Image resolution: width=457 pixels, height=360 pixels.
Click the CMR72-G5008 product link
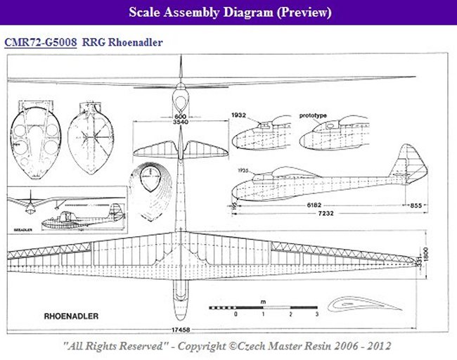point(40,42)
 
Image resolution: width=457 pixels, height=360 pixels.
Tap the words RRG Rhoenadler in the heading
point(122,42)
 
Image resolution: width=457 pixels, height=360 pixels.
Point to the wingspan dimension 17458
point(185,330)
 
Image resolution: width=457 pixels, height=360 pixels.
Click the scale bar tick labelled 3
point(318,315)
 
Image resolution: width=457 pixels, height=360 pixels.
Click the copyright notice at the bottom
point(226,346)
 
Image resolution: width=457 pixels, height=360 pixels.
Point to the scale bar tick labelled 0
point(236,315)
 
